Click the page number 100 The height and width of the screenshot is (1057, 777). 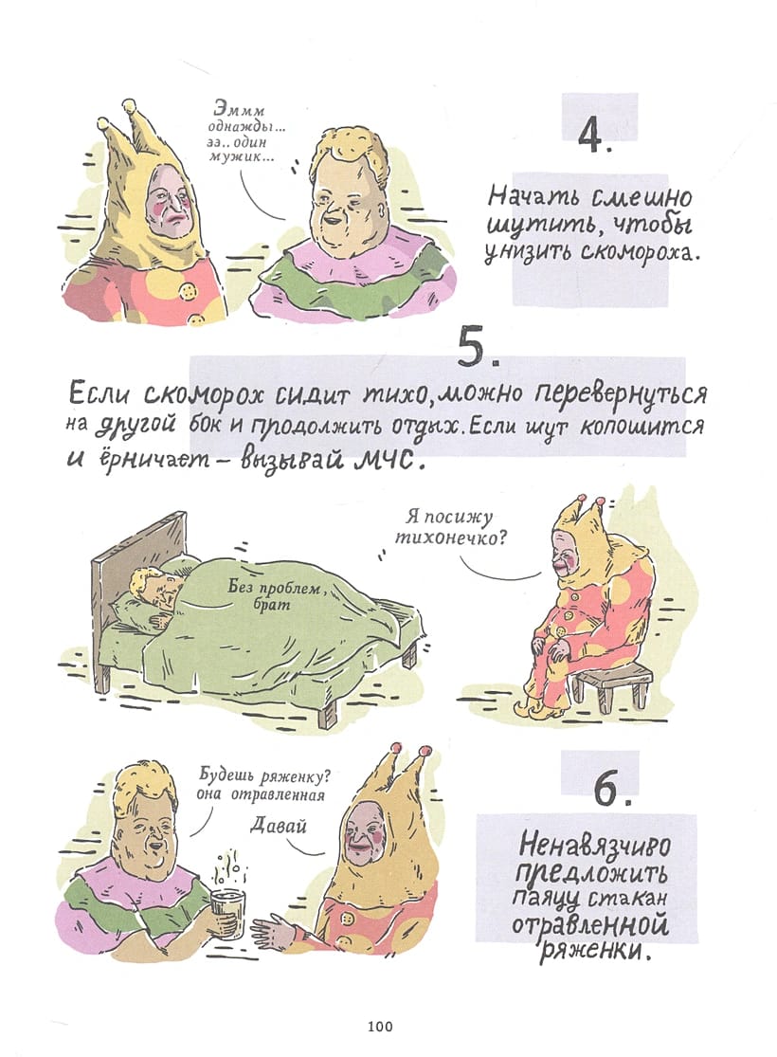380,1027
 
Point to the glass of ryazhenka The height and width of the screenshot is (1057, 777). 227,914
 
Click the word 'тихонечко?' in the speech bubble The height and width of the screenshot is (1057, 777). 451,538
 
